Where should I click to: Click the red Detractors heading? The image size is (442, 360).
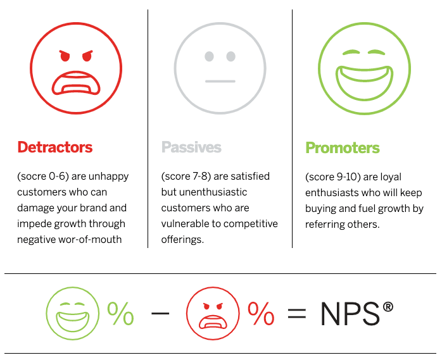click(55, 147)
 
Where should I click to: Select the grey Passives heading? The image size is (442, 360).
click(191, 147)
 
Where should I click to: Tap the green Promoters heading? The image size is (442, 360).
click(343, 147)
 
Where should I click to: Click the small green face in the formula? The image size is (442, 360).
click(73, 313)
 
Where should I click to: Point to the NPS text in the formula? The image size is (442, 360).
click(349, 314)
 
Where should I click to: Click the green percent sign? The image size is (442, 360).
click(120, 313)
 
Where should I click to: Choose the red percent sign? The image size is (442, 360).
click(260, 313)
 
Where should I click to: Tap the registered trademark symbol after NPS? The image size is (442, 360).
click(388, 307)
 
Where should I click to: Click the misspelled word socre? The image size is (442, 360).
click(35, 177)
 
